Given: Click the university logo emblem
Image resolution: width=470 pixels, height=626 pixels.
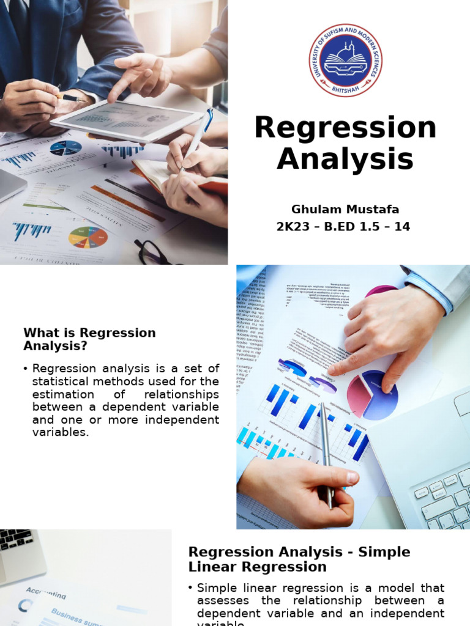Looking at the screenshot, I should tap(345, 61).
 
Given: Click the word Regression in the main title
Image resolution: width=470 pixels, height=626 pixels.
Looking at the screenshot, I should tap(345, 128).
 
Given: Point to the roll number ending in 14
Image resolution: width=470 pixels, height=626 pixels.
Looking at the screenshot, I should tap(343, 227).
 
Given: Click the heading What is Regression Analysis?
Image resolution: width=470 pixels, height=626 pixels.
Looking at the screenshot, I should tap(89, 339).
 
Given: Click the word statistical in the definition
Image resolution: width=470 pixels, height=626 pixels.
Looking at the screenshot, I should tap(62, 381).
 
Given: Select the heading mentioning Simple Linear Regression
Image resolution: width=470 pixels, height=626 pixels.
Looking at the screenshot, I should tap(299, 559).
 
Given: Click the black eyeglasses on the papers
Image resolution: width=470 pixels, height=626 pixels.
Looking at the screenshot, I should tap(151, 251).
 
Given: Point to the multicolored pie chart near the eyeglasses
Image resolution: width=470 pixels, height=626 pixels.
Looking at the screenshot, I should tap(88, 237).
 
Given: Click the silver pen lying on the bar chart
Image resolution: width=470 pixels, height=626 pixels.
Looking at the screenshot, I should tap(326, 452).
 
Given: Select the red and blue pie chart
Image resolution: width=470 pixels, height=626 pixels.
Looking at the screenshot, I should tap(372, 395).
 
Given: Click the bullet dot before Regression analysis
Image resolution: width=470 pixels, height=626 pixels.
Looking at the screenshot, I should tap(25, 369).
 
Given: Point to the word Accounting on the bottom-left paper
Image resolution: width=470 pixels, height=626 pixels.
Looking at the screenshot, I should tap(45, 593).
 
